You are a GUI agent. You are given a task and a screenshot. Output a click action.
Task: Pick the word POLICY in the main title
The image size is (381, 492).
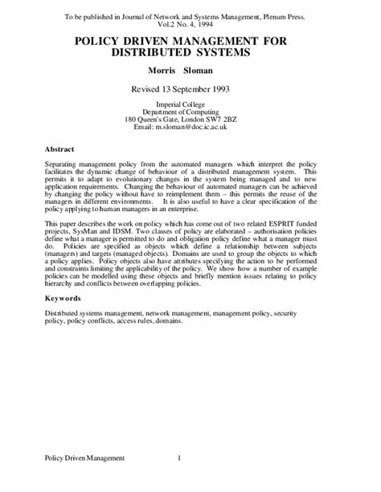[99, 39]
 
